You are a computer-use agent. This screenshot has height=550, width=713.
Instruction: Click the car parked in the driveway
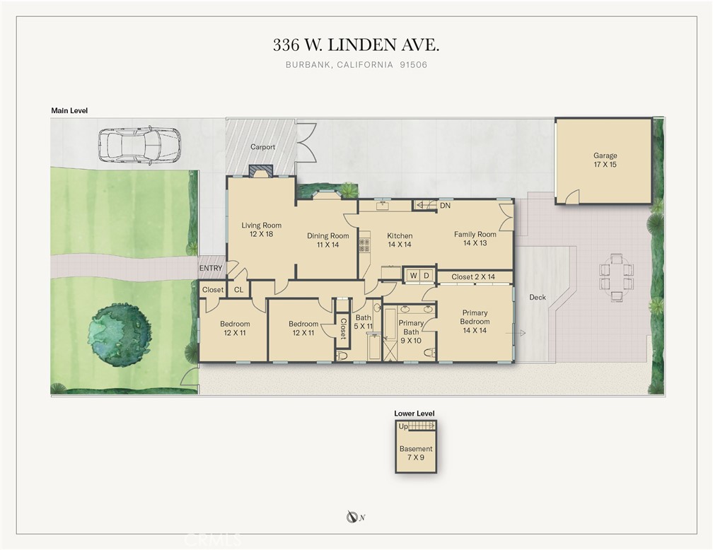click(139, 146)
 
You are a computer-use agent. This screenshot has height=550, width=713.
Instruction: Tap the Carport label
click(263, 147)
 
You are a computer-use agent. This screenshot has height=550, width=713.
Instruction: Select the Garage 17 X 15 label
click(605, 160)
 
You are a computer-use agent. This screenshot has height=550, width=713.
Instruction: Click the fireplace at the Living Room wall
click(260, 170)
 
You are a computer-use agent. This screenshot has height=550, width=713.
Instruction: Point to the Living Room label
click(262, 230)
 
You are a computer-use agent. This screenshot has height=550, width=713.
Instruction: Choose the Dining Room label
click(328, 240)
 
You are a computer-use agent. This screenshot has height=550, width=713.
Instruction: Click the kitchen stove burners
click(364, 245)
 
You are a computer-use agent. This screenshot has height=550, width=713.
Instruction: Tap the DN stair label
click(445, 206)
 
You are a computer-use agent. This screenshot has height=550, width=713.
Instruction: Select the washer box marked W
click(413, 276)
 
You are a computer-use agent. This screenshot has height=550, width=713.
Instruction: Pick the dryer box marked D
click(427, 276)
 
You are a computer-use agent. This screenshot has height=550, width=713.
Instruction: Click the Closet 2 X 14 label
click(473, 277)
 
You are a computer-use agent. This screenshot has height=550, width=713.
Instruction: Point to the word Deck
click(538, 298)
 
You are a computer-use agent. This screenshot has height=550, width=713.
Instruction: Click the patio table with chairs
click(616, 278)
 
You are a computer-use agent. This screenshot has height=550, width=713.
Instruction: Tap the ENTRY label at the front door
click(211, 268)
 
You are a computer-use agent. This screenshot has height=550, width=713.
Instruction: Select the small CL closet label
click(239, 290)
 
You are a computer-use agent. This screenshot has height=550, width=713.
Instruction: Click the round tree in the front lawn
click(120, 334)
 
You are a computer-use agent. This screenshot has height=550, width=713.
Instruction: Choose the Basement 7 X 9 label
click(416, 453)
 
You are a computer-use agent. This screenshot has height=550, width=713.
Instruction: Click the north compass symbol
click(351, 517)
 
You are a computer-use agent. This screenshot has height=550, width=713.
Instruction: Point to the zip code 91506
click(414, 64)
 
